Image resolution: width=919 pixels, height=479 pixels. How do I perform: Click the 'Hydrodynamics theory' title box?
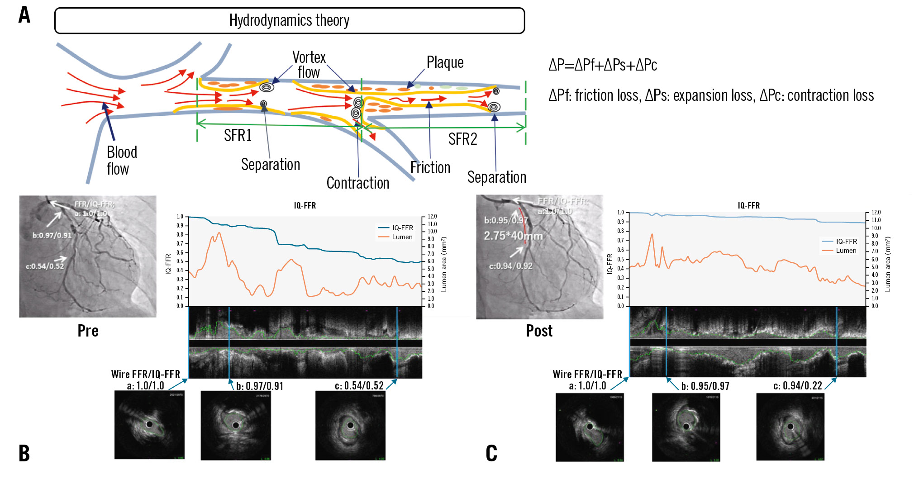tap(289, 20)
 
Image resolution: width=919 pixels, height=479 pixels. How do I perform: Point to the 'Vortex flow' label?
tap(309, 64)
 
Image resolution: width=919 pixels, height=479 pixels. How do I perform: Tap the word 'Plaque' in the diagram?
tap(445, 62)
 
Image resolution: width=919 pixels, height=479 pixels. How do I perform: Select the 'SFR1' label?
tap(238, 135)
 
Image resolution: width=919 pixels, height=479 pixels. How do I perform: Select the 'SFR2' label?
tap(462, 139)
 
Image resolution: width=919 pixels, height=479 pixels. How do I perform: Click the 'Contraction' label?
tap(357, 183)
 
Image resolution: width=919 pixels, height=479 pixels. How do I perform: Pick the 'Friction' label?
tap(430, 167)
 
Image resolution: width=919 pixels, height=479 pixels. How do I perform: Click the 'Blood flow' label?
tap(121, 160)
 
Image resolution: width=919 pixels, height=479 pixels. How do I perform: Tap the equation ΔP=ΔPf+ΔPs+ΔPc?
tap(602, 65)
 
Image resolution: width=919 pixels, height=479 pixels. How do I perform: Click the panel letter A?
tap(24, 15)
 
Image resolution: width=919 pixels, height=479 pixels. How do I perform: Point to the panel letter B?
tap(24, 453)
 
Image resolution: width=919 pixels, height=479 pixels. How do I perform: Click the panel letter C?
tap(491, 453)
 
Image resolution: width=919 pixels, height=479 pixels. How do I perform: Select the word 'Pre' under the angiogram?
tap(88, 331)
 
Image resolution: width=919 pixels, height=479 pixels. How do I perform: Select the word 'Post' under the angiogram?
tap(539, 331)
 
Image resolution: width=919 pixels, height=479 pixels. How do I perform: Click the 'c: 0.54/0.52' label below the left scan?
tap(359, 386)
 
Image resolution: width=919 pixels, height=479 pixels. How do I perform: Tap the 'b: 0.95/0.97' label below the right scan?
tap(705, 386)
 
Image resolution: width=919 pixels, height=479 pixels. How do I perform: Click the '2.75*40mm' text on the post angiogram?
tap(513, 236)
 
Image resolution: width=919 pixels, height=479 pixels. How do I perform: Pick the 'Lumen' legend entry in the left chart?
tap(402, 237)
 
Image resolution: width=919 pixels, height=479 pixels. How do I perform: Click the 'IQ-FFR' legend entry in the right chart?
tap(846, 242)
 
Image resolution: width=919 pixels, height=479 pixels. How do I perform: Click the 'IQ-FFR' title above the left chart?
tap(305, 205)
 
